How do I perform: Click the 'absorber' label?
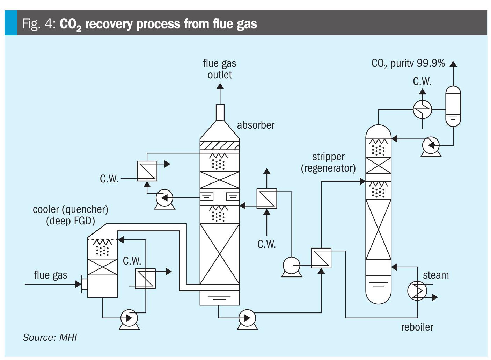[x=256, y=125]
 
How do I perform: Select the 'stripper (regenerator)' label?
[x=328, y=163]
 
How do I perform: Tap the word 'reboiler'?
[x=417, y=327]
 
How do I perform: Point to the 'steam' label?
[x=436, y=275]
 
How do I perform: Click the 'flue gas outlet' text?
[x=220, y=69]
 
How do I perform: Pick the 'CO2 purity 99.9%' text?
[x=408, y=64]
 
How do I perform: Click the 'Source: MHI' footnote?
[x=50, y=337]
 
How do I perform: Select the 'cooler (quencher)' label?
[x=71, y=209]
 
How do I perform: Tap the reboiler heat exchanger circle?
[x=417, y=290]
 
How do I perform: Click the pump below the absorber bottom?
[x=247, y=318]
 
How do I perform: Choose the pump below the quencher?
[x=129, y=318]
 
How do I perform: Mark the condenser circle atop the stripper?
[x=422, y=109]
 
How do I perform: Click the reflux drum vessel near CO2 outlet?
[x=453, y=106]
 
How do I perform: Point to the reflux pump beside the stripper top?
[x=431, y=145]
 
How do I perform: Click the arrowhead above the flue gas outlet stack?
[x=220, y=87]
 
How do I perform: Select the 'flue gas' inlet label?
[x=51, y=275]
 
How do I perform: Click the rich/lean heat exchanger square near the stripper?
[x=321, y=258]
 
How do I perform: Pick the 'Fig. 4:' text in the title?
[x=38, y=24]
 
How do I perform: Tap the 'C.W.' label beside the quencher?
[x=132, y=261]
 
